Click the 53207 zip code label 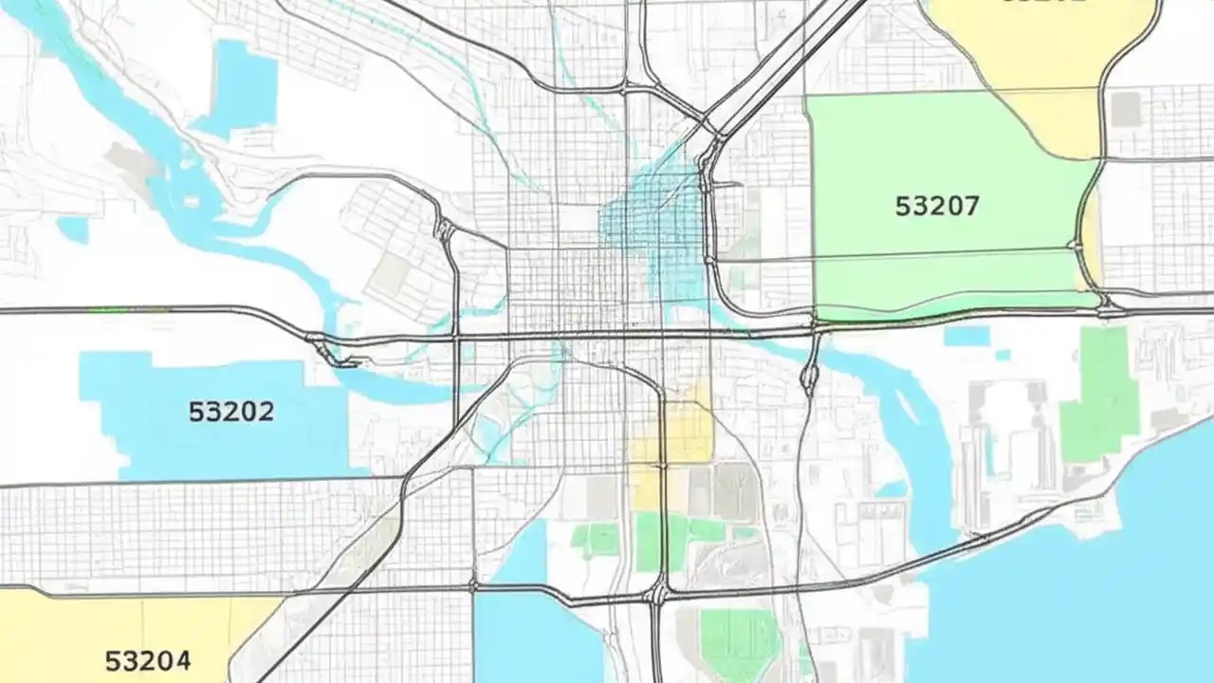[x=937, y=206]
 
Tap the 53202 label [x=231, y=412]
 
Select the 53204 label [x=147, y=660]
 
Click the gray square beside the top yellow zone [x=1126, y=109]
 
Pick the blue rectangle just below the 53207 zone [x=966, y=336]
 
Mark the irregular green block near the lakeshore [x=1102, y=394]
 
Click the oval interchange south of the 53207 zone [x=809, y=375]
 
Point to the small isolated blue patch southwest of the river [x=73, y=229]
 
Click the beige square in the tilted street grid [x=390, y=274]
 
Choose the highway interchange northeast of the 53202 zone [x=327, y=349]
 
